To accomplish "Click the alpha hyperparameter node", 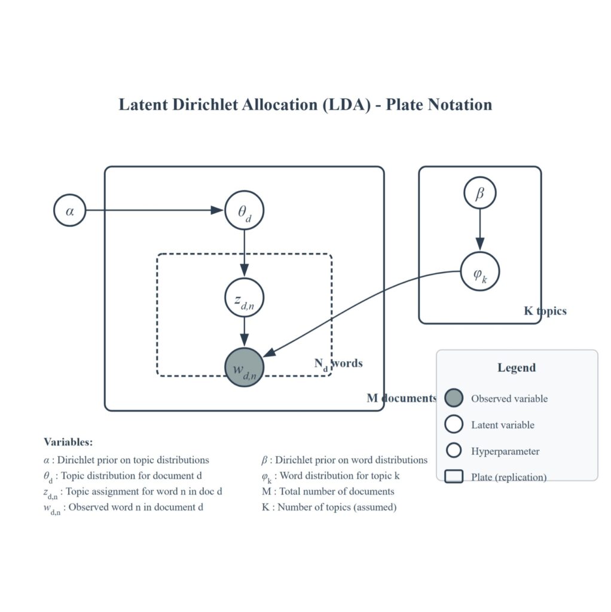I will pos(70,211).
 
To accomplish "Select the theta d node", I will pos(244,210).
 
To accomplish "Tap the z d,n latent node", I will pos(244,297).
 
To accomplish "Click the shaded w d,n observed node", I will pos(244,368).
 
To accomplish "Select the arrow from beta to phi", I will pos(479,230).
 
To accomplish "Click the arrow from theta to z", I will pos(244,253).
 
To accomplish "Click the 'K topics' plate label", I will pos(545,311).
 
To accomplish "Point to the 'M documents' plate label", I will pos(401,398).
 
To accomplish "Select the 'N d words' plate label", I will pos(338,363).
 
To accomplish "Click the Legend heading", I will pos(517,368).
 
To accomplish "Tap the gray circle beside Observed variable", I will pos(454,398).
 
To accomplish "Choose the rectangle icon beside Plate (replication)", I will pos(454,477).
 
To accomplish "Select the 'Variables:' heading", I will pos(68,442).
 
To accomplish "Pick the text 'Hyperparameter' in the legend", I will pos(505,451).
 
